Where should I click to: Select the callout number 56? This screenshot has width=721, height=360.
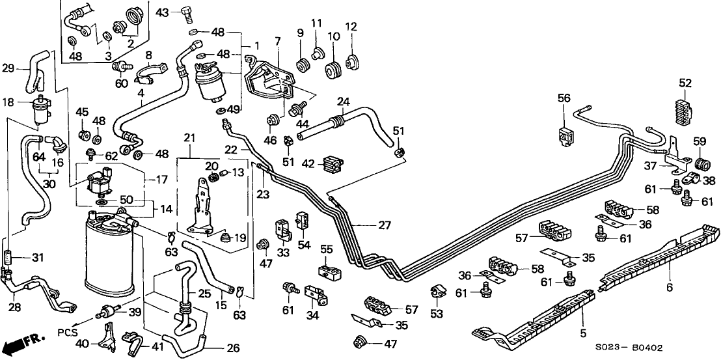pyautogui.click(x=564, y=98)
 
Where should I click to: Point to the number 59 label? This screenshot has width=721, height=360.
pyautogui.click(x=700, y=141)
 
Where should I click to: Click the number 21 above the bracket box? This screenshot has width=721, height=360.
pyautogui.click(x=189, y=137)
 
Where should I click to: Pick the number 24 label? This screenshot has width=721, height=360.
pyautogui.click(x=344, y=102)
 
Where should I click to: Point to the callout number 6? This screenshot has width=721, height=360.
pyautogui.click(x=670, y=287)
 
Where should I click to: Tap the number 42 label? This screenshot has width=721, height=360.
pyautogui.click(x=309, y=164)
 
